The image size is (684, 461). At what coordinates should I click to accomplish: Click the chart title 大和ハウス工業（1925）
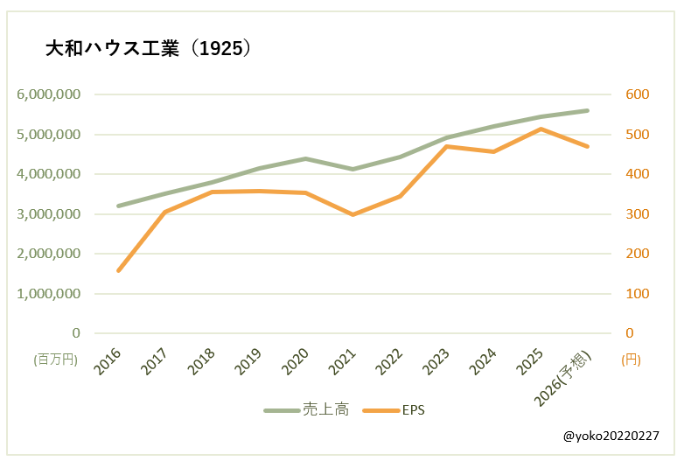pos(148,49)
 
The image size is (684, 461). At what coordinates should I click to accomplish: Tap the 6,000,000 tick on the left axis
pos(49,94)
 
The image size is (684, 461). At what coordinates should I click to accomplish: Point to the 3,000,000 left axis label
pos(49,214)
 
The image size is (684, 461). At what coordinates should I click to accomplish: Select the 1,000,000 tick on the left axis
pos(49,294)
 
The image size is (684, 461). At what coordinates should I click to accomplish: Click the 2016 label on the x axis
pos(108,360)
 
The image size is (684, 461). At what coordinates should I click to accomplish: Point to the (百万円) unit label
pos(55,359)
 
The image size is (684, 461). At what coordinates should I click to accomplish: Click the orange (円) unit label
pos(630,359)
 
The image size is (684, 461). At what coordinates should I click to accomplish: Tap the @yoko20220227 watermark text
pos(610,435)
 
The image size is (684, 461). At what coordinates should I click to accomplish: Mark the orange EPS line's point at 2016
pos(118,270)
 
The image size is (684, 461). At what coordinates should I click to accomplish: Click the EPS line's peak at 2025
pos(541,129)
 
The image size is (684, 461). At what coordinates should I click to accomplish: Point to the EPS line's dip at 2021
pos(352,214)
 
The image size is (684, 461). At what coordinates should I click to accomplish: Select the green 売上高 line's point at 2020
pos(306,158)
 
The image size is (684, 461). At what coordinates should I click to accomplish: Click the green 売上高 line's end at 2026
pos(588,110)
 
